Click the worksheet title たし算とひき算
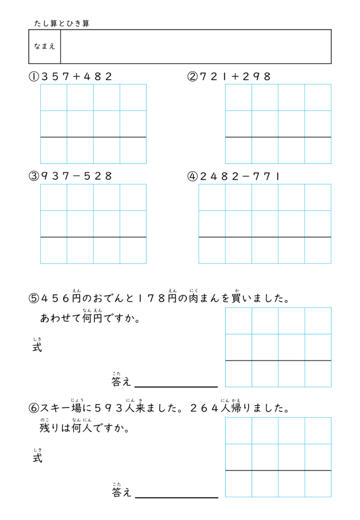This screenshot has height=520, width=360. point(61,23)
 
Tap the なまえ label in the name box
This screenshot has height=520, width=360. point(45,47)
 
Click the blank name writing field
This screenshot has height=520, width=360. point(195,47)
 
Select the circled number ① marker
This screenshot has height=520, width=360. point(34,77)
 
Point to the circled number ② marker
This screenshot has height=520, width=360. point(192,77)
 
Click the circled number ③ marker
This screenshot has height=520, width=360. point(34,176)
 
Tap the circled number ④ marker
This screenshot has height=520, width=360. point(192,176)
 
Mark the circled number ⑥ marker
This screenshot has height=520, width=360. point(34,408)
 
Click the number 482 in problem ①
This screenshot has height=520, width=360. point(98,77)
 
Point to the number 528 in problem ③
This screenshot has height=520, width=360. point(98,176)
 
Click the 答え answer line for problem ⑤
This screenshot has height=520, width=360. point(176,386)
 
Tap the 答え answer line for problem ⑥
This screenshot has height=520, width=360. point(176,497)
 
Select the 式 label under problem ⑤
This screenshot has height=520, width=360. point(37,348)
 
